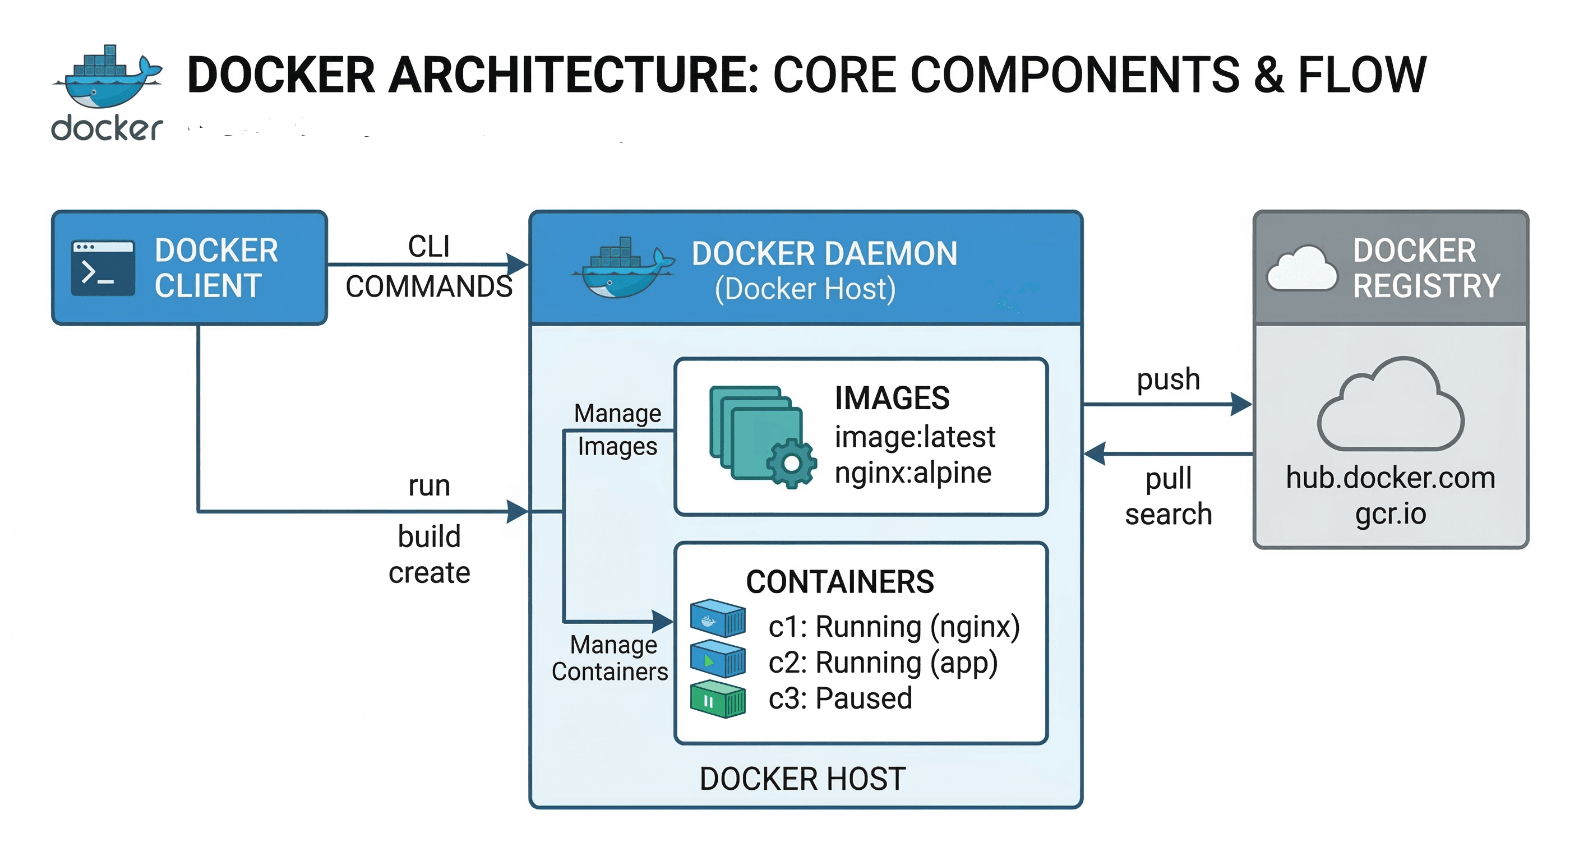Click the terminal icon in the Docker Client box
click(103, 269)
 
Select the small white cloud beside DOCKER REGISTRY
click(1301, 270)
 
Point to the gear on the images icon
click(791, 463)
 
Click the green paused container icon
click(717, 699)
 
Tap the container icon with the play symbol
click(717, 659)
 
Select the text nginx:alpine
click(913, 473)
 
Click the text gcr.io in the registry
click(1390, 513)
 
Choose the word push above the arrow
click(1169, 379)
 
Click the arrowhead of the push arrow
click(1242, 405)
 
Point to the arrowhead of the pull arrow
click(1095, 454)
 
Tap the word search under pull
click(1169, 514)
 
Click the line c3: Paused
click(840, 698)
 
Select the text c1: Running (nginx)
click(894, 627)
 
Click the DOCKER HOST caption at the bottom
click(802, 779)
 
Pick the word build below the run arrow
click(429, 537)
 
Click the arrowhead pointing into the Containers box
click(662, 622)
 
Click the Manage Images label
click(617, 430)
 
